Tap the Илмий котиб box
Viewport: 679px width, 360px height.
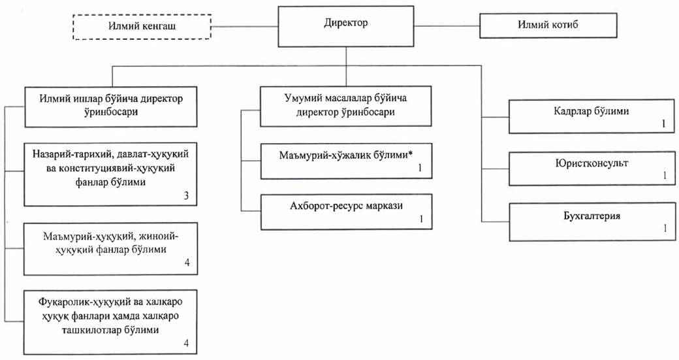click(548, 25)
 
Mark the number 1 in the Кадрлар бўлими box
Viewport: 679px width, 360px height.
click(664, 123)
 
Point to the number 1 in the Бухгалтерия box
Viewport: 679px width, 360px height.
click(664, 228)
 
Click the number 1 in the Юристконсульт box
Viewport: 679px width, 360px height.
click(664, 176)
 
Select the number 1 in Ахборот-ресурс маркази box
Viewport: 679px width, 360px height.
click(422, 218)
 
